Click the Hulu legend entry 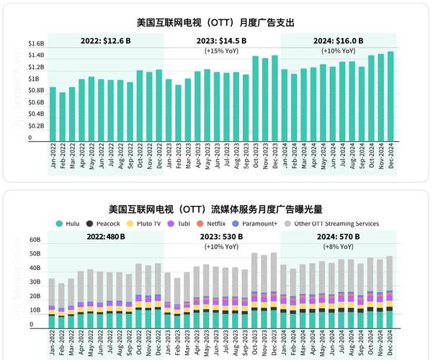coord(71,224)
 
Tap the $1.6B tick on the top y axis coord(36,44)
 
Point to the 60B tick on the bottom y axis coord(35,239)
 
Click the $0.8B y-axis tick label coord(36,91)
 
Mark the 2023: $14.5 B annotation coord(222,40)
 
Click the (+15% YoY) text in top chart coord(222,51)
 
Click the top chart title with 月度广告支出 coord(215,23)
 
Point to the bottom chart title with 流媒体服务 coord(216,210)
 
